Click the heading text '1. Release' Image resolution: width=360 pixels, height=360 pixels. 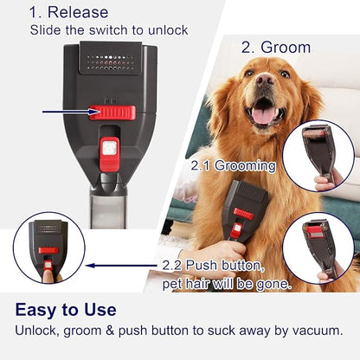(x=68, y=12)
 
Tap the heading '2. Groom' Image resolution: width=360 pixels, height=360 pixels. (x=275, y=47)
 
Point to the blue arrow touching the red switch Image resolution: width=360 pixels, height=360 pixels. (x=69, y=112)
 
